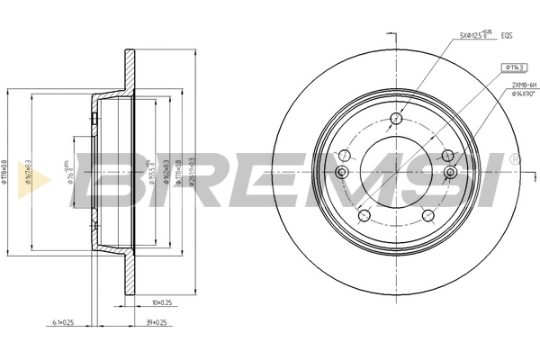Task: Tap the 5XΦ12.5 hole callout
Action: (x=478, y=36)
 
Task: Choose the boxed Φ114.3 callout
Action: (x=514, y=66)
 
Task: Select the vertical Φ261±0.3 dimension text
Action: (x=193, y=170)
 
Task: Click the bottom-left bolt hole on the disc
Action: (x=363, y=214)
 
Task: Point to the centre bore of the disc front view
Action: (x=396, y=172)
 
